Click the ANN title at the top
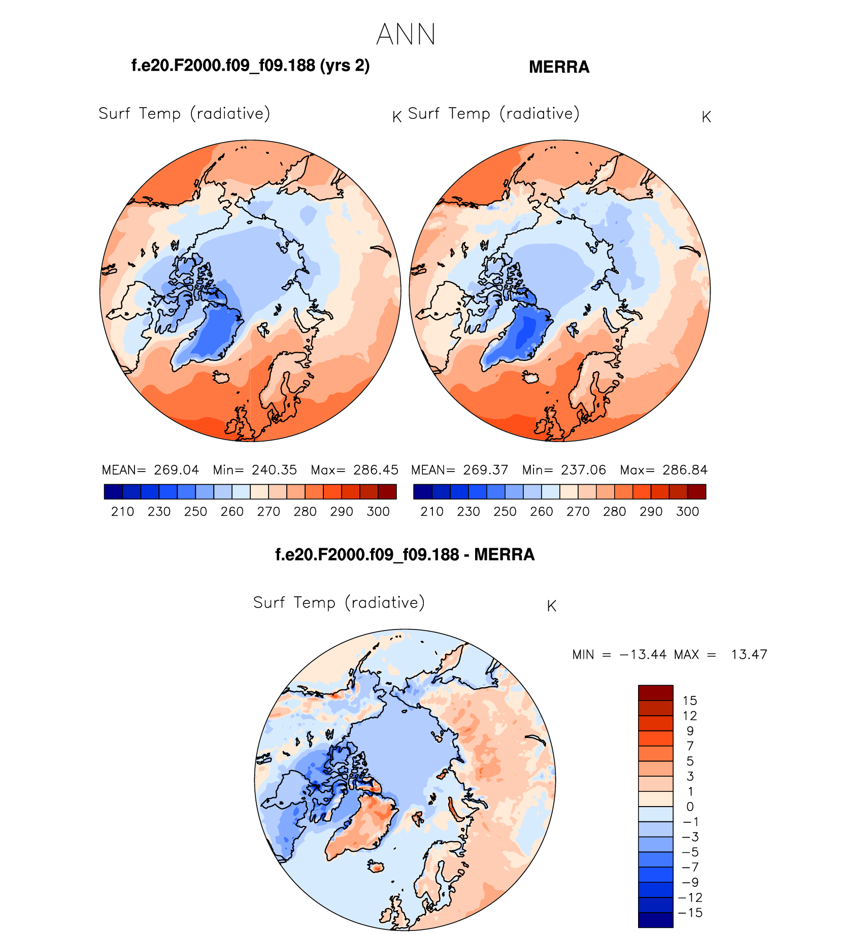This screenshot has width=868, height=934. click(406, 35)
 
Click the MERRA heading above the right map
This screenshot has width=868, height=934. click(559, 67)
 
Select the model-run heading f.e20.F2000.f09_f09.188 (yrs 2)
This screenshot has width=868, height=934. click(250, 65)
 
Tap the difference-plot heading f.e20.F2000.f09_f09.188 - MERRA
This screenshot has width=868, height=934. click(405, 554)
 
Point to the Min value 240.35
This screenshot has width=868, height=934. click(274, 470)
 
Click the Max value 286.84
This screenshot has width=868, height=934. click(685, 470)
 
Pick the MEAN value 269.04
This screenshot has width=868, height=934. click(177, 470)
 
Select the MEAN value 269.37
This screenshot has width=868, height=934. click(485, 470)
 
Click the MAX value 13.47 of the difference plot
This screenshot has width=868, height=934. click(749, 654)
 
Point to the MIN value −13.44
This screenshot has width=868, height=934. click(643, 654)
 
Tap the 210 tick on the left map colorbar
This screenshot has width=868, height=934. click(122, 512)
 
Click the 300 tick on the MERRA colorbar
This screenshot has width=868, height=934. click(687, 512)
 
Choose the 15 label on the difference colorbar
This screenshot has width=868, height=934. click(690, 700)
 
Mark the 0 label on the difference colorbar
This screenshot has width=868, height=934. click(690, 807)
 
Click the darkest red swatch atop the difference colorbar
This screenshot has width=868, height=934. click(655, 693)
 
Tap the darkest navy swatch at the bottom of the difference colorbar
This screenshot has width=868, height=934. click(655, 920)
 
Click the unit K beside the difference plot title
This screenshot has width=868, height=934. click(552, 606)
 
